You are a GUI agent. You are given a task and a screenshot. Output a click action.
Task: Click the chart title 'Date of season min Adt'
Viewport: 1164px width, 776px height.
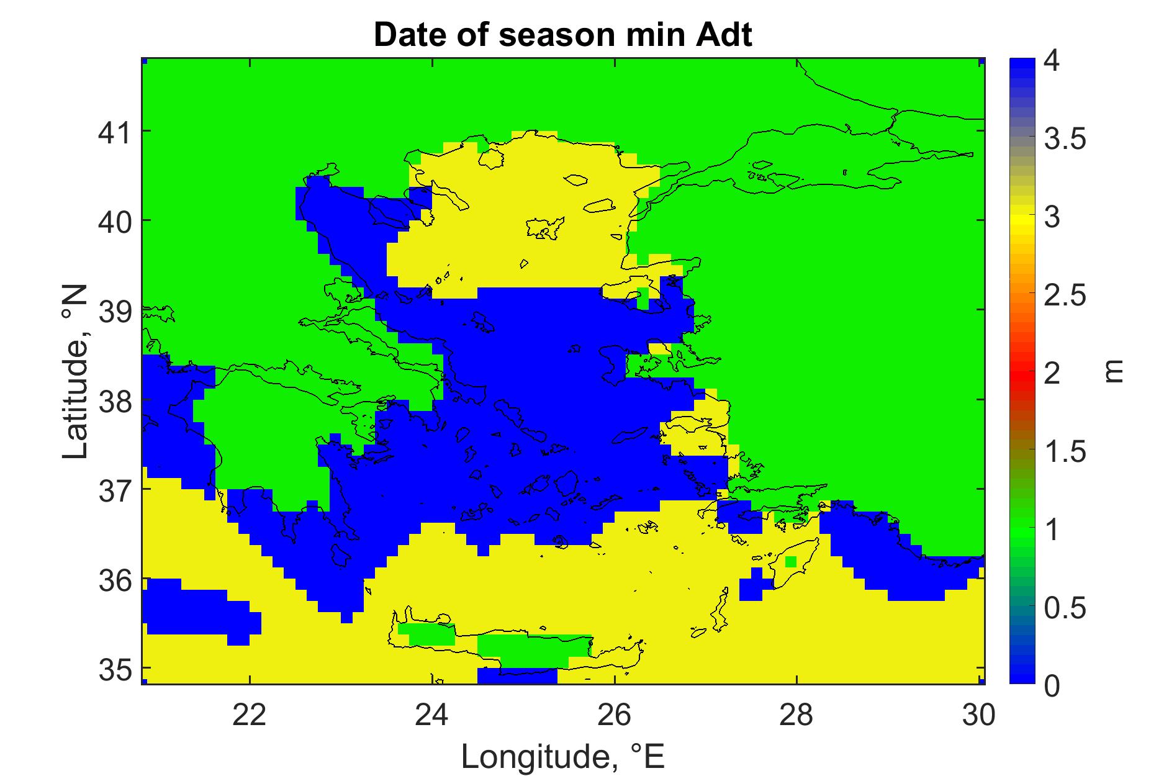tap(562, 35)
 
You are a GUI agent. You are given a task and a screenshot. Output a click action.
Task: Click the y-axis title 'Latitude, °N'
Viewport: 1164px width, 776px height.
tap(76, 372)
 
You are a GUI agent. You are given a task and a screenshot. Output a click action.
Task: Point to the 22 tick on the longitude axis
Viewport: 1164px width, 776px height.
tap(249, 715)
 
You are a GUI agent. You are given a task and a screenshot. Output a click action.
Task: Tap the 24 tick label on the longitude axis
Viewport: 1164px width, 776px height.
tap(431, 715)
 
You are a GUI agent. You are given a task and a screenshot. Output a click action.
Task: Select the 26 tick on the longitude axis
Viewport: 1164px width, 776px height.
tap(614, 715)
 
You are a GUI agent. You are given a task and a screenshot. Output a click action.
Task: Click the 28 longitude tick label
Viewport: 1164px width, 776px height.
tap(796, 715)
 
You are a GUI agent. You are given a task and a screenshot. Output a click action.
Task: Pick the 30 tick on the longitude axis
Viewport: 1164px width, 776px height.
tap(978, 715)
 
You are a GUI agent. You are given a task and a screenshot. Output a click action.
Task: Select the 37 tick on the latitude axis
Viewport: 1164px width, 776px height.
tap(115, 489)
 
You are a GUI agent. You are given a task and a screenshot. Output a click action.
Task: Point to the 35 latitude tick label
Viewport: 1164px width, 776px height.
tap(115, 668)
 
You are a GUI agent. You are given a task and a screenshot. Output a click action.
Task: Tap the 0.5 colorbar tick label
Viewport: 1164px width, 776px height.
tap(1065, 608)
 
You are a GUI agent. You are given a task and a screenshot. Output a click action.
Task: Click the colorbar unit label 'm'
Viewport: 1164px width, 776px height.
tap(1116, 372)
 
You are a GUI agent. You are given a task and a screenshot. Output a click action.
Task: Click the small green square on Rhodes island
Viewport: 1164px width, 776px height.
tap(790, 562)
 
